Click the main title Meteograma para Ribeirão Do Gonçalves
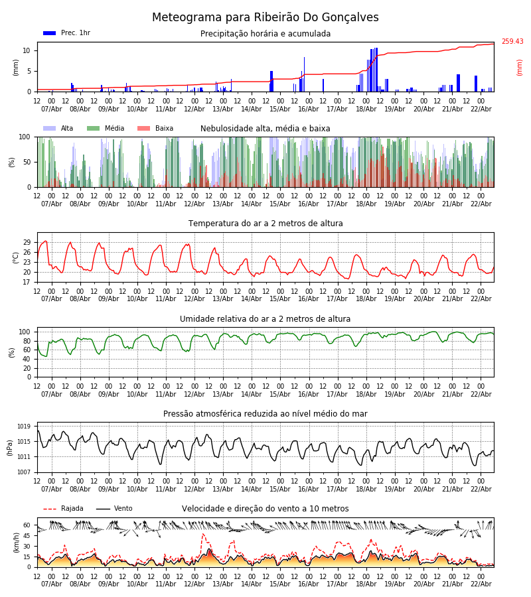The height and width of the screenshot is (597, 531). [x=265, y=18]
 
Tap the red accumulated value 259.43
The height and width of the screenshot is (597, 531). [x=512, y=42]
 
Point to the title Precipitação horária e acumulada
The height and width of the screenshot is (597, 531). [x=265, y=34]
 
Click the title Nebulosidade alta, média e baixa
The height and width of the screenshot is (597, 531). [x=265, y=129]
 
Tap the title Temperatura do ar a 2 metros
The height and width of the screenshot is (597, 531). [x=265, y=224]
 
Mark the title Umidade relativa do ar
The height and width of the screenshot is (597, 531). [x=265, y=319]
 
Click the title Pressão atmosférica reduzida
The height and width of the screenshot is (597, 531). [x=265, y=414]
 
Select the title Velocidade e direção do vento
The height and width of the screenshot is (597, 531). [x=265, y=509]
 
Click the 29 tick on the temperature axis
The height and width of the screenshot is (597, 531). [x=27, y=242]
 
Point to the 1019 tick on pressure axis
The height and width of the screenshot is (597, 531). [x=25, y=427]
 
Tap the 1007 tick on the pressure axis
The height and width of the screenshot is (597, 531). [x=25, y=472]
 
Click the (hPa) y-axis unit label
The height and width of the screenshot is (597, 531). [x=10, y=447]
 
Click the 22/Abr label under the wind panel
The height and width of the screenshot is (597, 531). [x=481, y=584]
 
